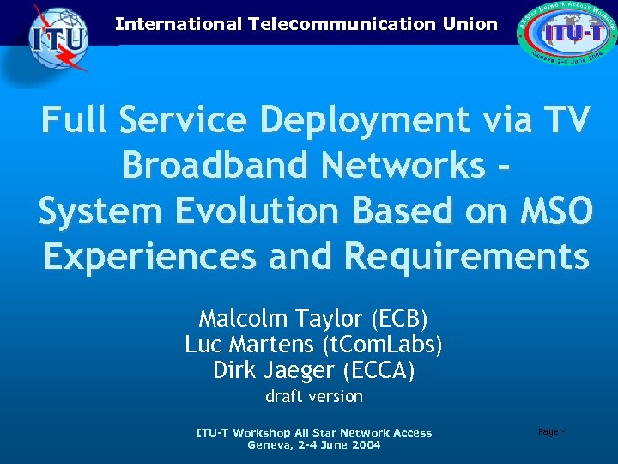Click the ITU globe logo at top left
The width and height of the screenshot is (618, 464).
[58, 39]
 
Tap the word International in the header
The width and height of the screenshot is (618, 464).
[179, 24]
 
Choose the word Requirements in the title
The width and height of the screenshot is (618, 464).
[467, 255]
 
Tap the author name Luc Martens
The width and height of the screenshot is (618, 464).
[250, 345]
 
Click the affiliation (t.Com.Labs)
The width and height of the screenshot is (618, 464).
[381, 345]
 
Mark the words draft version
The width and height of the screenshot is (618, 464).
[314, 396]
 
